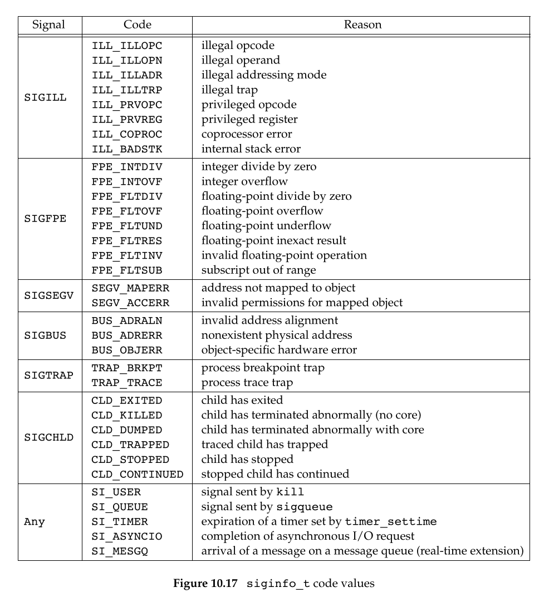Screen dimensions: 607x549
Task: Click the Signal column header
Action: [x=48, y=25]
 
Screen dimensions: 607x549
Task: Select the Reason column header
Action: [x=362, y=25]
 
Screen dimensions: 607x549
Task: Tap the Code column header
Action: [x=137, y=25]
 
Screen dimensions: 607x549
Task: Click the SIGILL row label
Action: [x=45, y=97]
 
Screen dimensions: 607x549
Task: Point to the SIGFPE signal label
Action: [x=45, y=218]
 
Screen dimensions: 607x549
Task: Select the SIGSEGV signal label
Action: [x=48, y=295]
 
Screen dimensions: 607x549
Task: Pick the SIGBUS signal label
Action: [x=45, y=335]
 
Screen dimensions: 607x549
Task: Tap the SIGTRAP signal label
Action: [x=48, y=375]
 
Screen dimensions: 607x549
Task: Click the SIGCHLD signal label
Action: [x=48, y=437]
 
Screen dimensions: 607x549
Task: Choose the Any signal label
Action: [x=35, y=522]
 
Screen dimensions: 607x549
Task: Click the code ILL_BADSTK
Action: [x=127, y=149]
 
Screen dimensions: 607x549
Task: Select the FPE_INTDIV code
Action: [x=127, y=167]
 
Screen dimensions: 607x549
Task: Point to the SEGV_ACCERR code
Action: [x=130, y=303]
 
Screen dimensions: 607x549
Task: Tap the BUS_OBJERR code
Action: [x=127, y=351]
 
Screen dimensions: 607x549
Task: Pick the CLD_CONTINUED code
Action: [x=137, y=475]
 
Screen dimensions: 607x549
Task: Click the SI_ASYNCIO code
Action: [x=127, y=537]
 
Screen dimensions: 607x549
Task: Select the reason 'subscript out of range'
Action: [x=258, y=270]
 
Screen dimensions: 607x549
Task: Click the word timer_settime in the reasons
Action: [x=391, y=522]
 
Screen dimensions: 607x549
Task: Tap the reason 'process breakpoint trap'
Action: [x=263, y=368]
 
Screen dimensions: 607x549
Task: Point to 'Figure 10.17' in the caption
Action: [x=207, y=584]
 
